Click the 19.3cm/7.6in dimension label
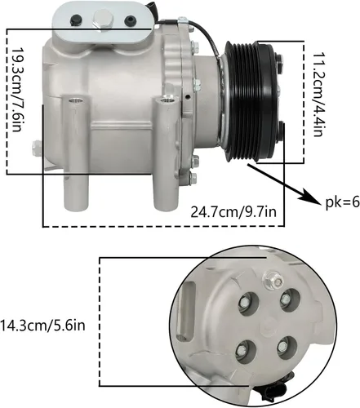click(x=16, y=90)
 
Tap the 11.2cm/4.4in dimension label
click(x=318, y=95)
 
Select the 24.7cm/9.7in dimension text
click(x=233, y=212)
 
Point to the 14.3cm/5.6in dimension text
click(x=42, y=326)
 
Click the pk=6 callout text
click(x=343, y=202)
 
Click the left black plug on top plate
click(x=76, y=20)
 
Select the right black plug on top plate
click(x=130, y=21)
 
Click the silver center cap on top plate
click(x=103, y=19)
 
